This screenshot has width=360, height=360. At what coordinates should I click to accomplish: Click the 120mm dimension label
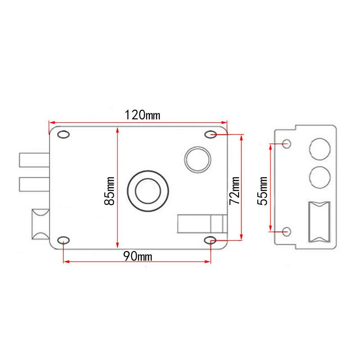click(x=142, y=115)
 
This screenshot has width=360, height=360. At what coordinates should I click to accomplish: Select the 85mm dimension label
click(x=109, y=191)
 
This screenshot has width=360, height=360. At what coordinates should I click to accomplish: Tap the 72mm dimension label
click(x=234, y=191)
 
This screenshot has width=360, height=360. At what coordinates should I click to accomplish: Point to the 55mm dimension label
click(x=262, y=191)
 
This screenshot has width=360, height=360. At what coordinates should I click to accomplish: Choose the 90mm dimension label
click(x=138, y=256)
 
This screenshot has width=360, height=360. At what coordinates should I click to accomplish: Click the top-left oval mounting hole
click(x=63, y=134)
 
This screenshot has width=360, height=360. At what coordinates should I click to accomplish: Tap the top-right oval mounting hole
click(x=211, y=134)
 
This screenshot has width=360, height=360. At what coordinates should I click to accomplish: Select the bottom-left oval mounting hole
click(x=63, y=240)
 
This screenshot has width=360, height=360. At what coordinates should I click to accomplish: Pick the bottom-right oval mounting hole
click(x=210, y=240)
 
